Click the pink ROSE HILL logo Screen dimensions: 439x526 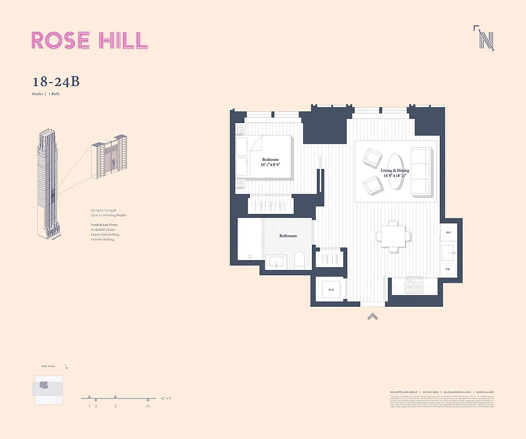click(x=89, y=40)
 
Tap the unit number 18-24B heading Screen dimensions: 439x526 click(x=56, y=82)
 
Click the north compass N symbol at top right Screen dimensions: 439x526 click(x=485, y=39)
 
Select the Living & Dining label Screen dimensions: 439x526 click(x=395, y=171)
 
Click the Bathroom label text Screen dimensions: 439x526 click(x=288, y=236)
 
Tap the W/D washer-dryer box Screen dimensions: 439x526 click(x=331, y=289)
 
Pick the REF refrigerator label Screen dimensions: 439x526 click(x=448, y=233)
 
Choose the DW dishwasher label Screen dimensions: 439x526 click(x=448, y=269)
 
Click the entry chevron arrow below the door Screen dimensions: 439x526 click(x=372, y=316)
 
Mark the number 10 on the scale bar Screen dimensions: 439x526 click(x=148, y=406)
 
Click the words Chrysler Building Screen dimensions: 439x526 click(x=103, y=240)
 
